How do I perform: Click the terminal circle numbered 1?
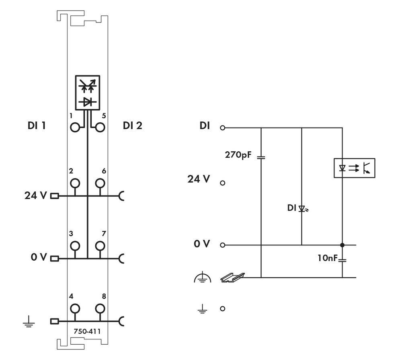tap(75, 128)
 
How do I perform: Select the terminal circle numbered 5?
tap(99, 128)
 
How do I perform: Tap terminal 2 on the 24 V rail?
tap(75, 183)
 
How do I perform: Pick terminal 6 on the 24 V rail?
tap(99, 183)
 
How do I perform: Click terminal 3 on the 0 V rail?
tap(75, 245)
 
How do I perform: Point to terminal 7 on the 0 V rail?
tap(99, 245)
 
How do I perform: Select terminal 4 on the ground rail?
tap(75, 309)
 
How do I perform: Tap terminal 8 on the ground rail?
tap(99, 309)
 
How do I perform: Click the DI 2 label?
tap(132, 126)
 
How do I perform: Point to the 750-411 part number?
tap(87, 331)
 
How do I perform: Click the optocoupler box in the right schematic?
tap(354, 168)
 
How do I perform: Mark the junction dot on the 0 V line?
tap(342, 245)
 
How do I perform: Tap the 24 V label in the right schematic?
tap(199, 179)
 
